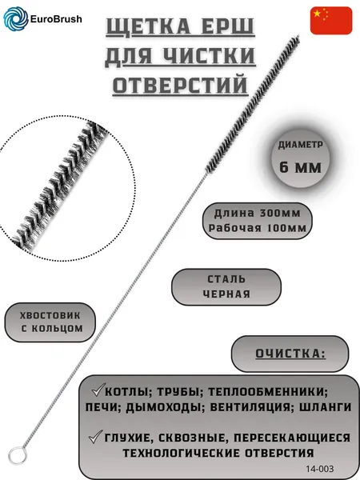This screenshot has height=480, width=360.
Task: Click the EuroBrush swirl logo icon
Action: pos(16,18)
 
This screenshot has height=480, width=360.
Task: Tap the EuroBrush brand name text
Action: pos(56,19)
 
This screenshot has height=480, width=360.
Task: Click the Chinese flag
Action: pos(331,21)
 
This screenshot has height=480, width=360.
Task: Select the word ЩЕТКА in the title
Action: pos(149,26)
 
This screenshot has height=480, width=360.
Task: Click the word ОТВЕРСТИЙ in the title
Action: pos(180,85)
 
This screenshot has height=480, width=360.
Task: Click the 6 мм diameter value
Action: pos(301,167)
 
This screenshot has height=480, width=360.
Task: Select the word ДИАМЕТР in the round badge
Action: pos(301,145)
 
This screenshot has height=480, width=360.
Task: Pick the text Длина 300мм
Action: pos(258,213)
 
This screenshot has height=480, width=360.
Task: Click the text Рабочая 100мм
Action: pos(258,228)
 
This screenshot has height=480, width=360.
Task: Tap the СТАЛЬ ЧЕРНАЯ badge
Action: pos(226,287)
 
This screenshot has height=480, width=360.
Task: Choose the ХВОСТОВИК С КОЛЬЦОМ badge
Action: pos(50,322)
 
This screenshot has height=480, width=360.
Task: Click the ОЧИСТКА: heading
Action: pos(290,354)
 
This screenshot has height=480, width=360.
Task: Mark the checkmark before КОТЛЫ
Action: pos(98,390)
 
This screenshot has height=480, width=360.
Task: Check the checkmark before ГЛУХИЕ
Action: pos(96,437)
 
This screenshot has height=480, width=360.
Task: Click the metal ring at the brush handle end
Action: pos(18,455)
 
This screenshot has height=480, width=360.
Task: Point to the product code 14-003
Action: pos(319,468)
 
